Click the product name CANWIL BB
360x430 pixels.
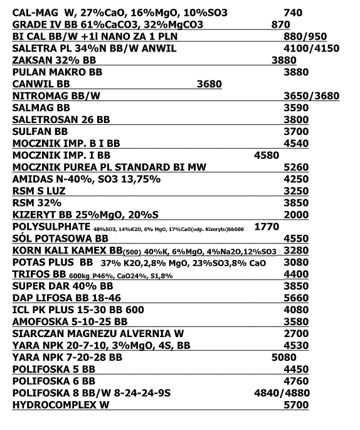[x=41, y=84]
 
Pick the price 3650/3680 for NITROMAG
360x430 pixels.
[x=311, y=96]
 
